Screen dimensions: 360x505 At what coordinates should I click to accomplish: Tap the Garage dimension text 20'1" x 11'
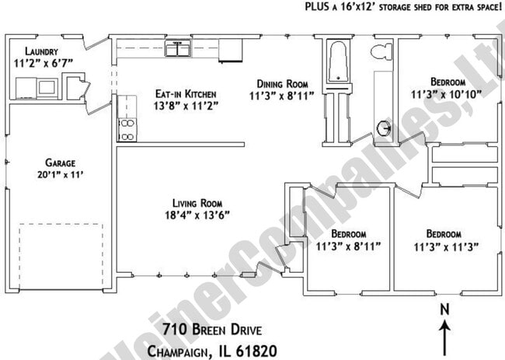[x=59, y=176]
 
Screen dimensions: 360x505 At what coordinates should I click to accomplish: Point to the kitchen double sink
[x=178, y=50]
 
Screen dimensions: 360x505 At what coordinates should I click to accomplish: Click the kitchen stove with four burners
[x=126, y=129]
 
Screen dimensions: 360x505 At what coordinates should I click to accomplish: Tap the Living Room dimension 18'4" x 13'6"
[x=197, y=215]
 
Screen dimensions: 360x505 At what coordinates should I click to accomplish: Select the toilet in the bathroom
[x=379, y=53]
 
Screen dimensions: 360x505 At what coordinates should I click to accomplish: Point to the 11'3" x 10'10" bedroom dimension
[x=448, y=94]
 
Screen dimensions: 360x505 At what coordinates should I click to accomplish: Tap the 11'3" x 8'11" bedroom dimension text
[x=348, y=247]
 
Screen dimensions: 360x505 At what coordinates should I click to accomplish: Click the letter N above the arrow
[x=445, y=309]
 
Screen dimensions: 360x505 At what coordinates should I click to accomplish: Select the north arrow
[x=445, y=336]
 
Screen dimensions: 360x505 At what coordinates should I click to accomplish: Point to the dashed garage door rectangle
[x=61, y=255]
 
